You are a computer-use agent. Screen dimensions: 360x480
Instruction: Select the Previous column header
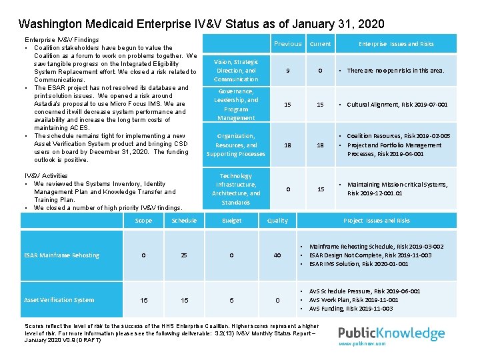click(x=288, y=44)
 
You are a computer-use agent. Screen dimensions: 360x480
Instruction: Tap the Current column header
click(x=320, y=44)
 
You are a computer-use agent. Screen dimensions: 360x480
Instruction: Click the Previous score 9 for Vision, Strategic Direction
click(x=287, y=71)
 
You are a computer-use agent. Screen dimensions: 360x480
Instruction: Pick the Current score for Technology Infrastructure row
click(x=321, y=189)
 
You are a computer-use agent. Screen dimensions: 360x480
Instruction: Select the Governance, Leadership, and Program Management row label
click(x=236, y=105)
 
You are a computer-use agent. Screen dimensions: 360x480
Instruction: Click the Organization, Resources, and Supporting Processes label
click(x=236, y=145)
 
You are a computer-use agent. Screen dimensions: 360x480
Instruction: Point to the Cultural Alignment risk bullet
click(x=397, y=105)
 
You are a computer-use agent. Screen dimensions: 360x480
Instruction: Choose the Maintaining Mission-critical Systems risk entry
click(x=397, y=189)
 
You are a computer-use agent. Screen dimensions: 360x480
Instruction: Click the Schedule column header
click(x=184, y=221)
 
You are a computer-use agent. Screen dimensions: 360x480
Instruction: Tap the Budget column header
click(x=231, y=221)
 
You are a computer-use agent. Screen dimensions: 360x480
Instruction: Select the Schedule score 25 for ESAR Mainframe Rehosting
click(x=184, y=255)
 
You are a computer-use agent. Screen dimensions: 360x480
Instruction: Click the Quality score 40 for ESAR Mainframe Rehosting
click(x=277, y=255)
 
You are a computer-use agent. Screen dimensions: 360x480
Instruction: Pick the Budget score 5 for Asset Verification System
click(x=231, y=301)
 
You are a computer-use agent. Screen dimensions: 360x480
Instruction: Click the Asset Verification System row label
click(x=59, y=300)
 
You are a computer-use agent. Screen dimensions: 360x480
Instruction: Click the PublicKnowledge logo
click(x=391, y=333)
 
